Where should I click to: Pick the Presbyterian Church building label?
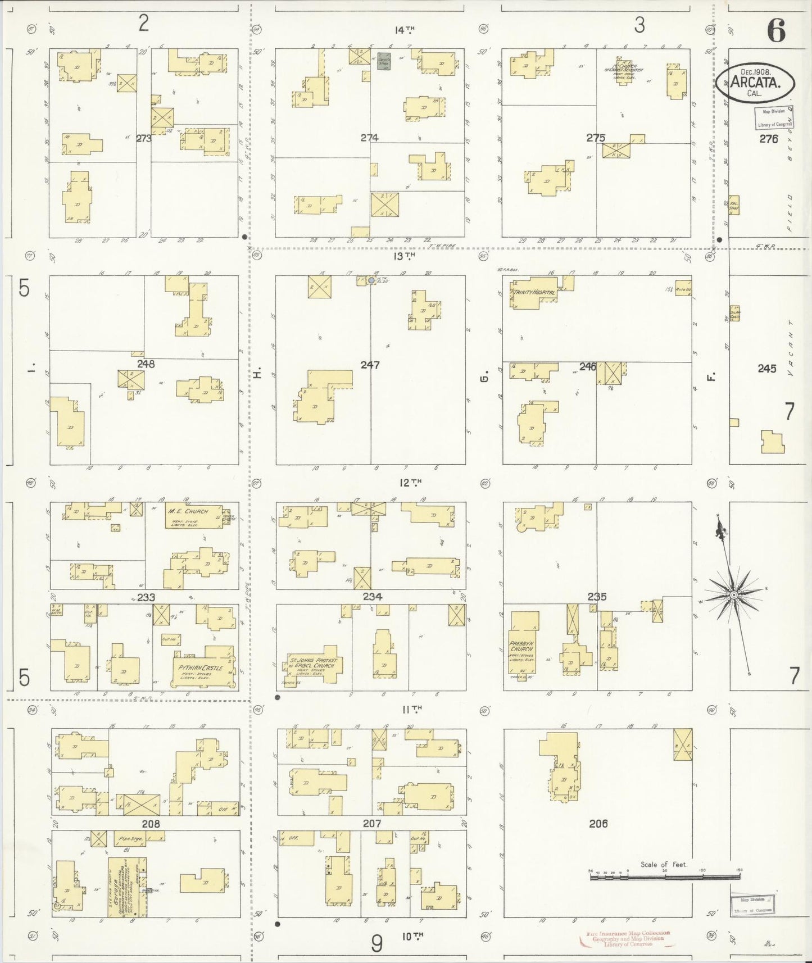521,646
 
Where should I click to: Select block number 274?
369,138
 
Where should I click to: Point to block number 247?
370,365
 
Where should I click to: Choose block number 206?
598,824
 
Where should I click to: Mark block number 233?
146,597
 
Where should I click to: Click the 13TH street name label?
404,256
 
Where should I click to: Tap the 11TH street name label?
412,710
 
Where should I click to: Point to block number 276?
768,139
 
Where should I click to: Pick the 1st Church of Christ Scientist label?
624,69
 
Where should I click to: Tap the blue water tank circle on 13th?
371,280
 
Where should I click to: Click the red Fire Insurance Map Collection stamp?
628,937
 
